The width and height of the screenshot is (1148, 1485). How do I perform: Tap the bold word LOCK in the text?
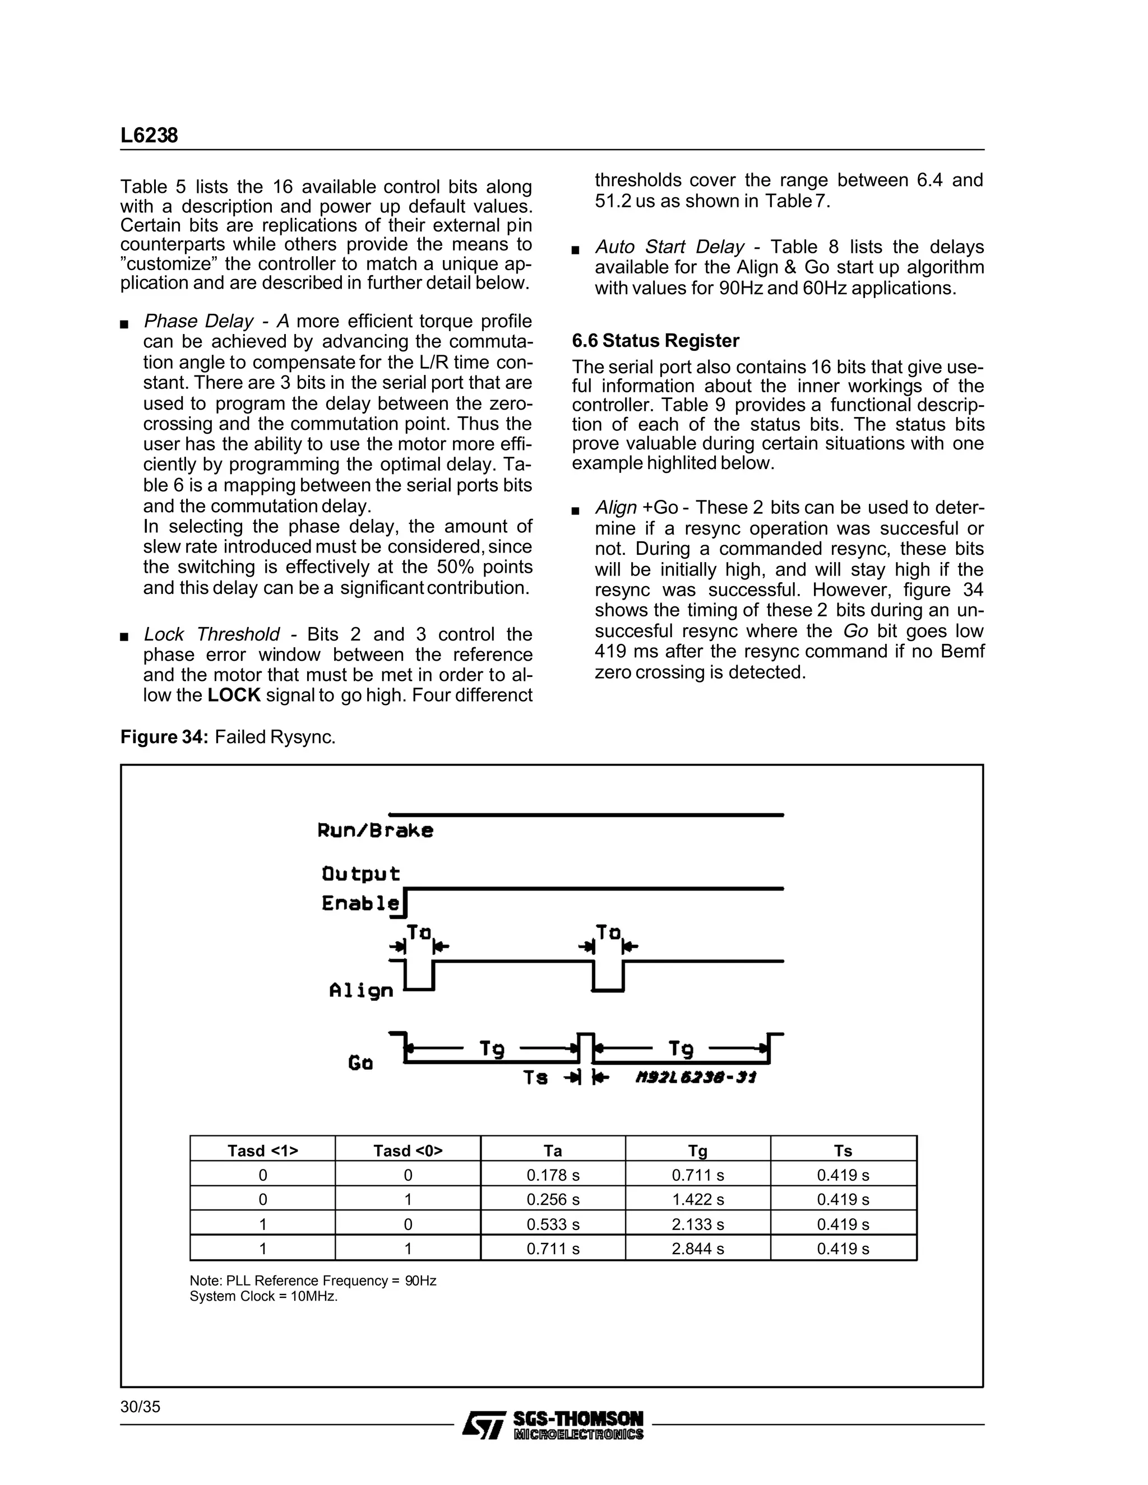(234, 695)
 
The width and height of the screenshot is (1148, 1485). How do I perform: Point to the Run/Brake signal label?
(375, 831)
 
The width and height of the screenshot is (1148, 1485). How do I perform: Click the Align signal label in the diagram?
(361, 991)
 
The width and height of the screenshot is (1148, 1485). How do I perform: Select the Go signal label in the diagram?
(360, 1062)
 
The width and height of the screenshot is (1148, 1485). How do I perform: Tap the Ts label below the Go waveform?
(535, 1078)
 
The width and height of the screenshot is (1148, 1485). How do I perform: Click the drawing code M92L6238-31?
(695, 1078)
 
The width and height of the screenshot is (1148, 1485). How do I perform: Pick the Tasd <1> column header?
(262, 1150)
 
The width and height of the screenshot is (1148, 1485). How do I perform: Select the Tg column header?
(698, 1150)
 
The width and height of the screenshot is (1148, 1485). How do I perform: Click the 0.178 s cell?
(553, 1175)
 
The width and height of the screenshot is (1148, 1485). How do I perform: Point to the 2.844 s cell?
(698, 1249)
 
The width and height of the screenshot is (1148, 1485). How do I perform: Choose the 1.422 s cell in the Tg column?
(698, 1199)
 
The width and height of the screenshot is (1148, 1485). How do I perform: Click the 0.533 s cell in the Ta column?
(553, 1224)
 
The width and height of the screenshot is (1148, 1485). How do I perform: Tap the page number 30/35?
(140, 1407)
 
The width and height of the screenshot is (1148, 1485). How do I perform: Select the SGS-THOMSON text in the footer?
(577, 1418)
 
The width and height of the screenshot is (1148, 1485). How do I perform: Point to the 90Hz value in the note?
(420, 1281)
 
